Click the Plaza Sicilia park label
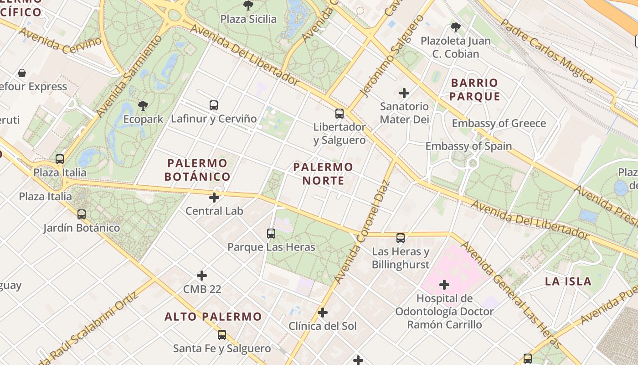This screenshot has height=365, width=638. (248, 19)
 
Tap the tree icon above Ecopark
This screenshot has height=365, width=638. (143, 106)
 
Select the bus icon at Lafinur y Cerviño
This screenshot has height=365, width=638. (214, 105)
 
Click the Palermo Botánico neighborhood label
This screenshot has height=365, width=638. (197, 170)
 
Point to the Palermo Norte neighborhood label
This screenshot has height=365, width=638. (323, 174)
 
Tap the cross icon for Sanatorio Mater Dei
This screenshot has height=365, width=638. (404, 94)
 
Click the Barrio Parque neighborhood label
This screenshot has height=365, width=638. (475, 89)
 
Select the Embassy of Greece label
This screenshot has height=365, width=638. (499, 123)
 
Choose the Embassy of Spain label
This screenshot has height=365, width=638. (468, 146)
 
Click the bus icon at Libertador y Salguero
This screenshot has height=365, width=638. (340, 114)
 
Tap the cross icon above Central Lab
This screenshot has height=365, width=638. (214, 198)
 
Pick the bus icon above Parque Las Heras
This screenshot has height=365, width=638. (271, 234)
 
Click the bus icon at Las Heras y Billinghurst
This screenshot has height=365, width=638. (401, 238)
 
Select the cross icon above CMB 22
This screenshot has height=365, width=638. (202, 276)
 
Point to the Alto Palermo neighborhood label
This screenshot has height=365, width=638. (213, 317)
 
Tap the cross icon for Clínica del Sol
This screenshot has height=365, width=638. (323, 313)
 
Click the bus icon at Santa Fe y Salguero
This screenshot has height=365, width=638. (222, 335)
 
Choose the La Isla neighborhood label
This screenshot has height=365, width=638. (568, 281)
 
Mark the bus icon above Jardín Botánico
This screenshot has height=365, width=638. (82, 214)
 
